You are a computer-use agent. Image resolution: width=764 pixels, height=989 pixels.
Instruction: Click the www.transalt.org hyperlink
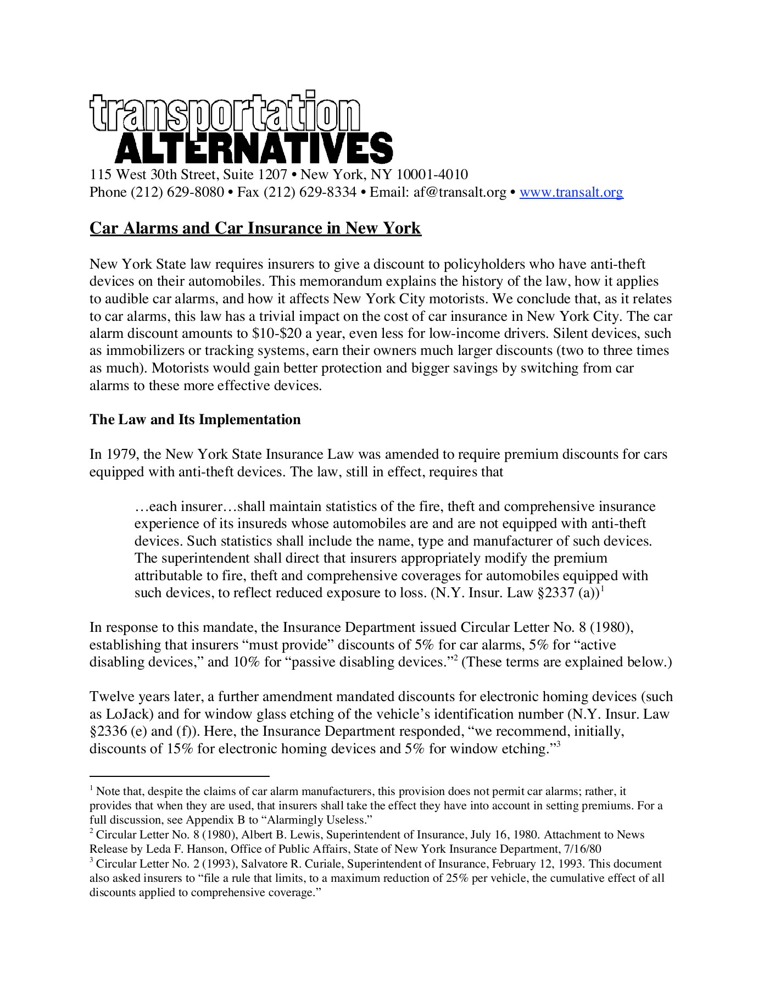[571, 192]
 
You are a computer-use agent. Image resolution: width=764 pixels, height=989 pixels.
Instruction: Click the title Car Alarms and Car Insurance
[255, 228]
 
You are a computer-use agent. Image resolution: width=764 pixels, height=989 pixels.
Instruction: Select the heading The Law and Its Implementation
[195, 420]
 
